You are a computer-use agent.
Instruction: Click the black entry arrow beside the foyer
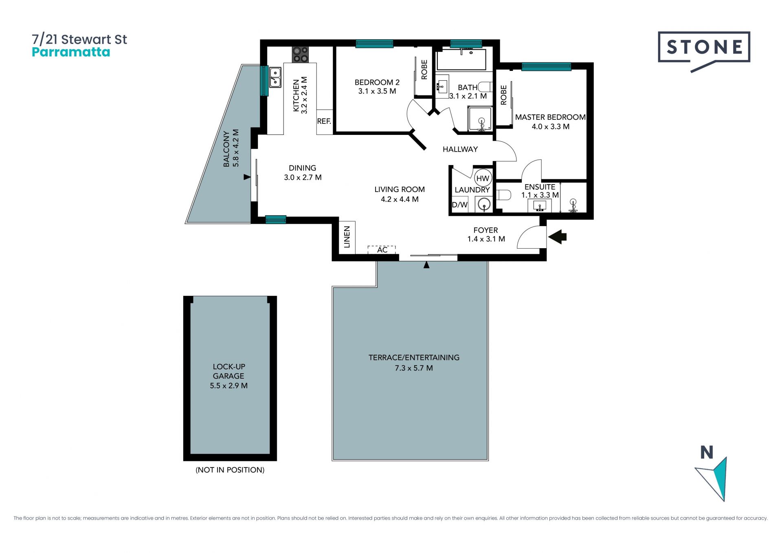pos(558,237)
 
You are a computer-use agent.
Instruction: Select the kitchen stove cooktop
pos(300,55)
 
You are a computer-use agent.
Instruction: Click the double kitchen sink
pos(275,77)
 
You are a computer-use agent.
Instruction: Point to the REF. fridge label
pos(324,121)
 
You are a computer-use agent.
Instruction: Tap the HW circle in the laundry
pos(483,178)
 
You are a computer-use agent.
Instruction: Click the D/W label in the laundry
pos(460,205)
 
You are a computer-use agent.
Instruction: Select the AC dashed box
pos(382,250)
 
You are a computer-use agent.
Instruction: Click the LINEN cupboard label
pos(347,237)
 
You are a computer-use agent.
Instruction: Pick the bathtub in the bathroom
pos(461,60)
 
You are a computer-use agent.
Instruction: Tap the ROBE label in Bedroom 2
pos(424,70)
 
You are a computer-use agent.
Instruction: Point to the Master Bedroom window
pos(546,66)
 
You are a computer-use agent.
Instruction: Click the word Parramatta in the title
pos(71,53)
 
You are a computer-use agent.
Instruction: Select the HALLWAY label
pos(460,149)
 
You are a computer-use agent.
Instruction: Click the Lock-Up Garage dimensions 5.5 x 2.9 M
pos(228,386)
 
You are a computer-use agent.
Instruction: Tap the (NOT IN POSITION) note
pos(230,470)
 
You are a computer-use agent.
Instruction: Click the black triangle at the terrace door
pos(426,265)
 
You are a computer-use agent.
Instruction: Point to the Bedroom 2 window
pos(374,44)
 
